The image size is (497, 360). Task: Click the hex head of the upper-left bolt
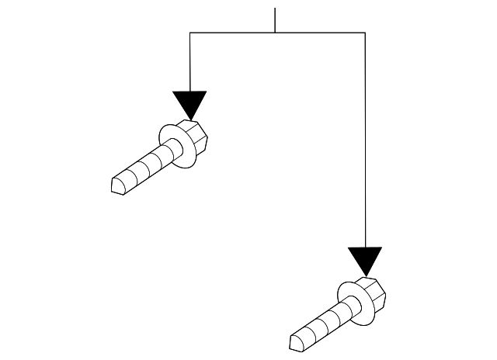point(196,137)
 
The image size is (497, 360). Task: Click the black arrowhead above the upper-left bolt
point(189,103)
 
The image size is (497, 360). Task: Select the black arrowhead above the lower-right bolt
point(365,259)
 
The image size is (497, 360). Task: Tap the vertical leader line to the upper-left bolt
point(190,62)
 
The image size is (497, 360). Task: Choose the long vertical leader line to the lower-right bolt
point(365,140)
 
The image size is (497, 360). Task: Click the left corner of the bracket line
point(190,33)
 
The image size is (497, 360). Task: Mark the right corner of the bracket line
point(365,33)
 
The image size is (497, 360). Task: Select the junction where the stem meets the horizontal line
point(276,33)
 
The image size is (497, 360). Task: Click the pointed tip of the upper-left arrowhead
point(189,120)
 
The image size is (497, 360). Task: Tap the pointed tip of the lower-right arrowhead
point(365,276)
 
